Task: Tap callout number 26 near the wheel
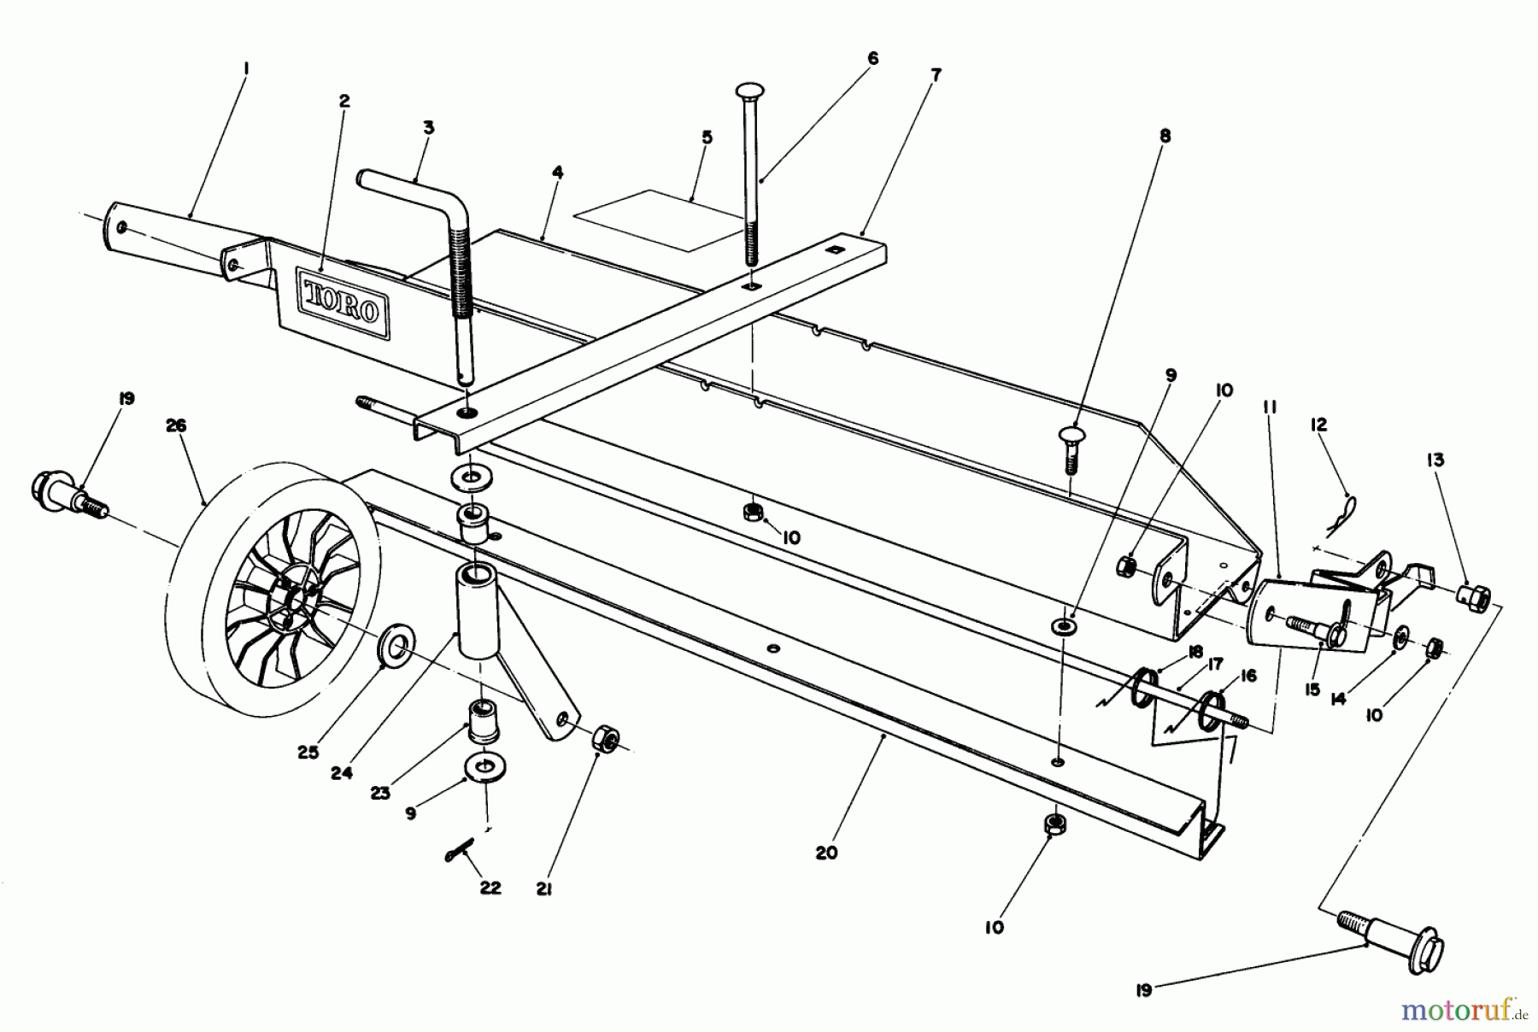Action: point(176,425)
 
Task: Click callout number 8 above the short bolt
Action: point(1165,135)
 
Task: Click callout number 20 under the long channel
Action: point(826,853)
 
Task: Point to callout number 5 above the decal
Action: point(707,137)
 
